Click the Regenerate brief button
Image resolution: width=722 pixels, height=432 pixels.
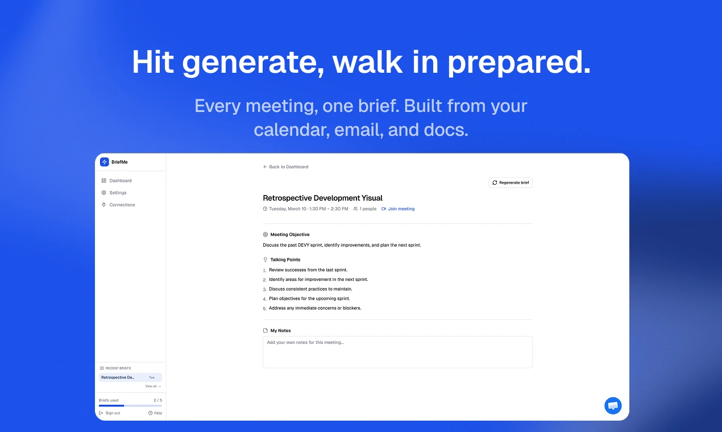click(511, 182)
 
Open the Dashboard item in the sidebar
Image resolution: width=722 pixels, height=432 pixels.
click(117, 181)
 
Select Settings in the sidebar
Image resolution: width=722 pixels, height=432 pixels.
click(114, 193)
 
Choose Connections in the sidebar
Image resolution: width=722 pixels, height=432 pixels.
click(118, 205)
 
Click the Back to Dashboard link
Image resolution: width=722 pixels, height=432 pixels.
click(285, 167)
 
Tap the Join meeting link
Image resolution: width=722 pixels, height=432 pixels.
click(398, 209)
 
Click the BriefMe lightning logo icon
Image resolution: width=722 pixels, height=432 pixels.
click(105, 162)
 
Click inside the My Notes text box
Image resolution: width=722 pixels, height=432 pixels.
click(397, 352)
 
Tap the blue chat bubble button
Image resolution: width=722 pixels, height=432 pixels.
click(613, 405)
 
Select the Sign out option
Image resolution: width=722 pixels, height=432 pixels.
click(110, 413)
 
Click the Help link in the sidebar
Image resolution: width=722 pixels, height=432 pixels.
click(155, 413)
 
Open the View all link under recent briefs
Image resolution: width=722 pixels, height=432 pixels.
click(153, 386)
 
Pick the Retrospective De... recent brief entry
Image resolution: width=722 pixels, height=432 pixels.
click(130, 377)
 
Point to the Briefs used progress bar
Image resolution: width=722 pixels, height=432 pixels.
click(130, 405)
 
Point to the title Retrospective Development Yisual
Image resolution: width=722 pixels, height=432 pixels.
click(323, 198)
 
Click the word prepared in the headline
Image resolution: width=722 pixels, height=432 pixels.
click(519, 63)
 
